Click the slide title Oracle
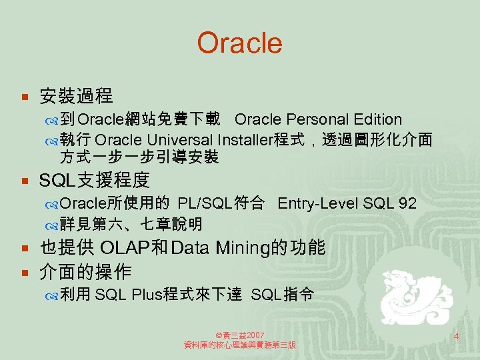tap(239, 43)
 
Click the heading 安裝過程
tap(76, 97)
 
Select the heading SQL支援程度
tap(95, 180)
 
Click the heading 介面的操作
tap(85, 272)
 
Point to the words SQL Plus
tap(128, 295)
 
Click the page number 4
tap(456, 337)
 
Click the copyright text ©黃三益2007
tap(240, 335)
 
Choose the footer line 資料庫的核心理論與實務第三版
tap(240, 345)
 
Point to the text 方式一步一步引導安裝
tap(139, 158)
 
